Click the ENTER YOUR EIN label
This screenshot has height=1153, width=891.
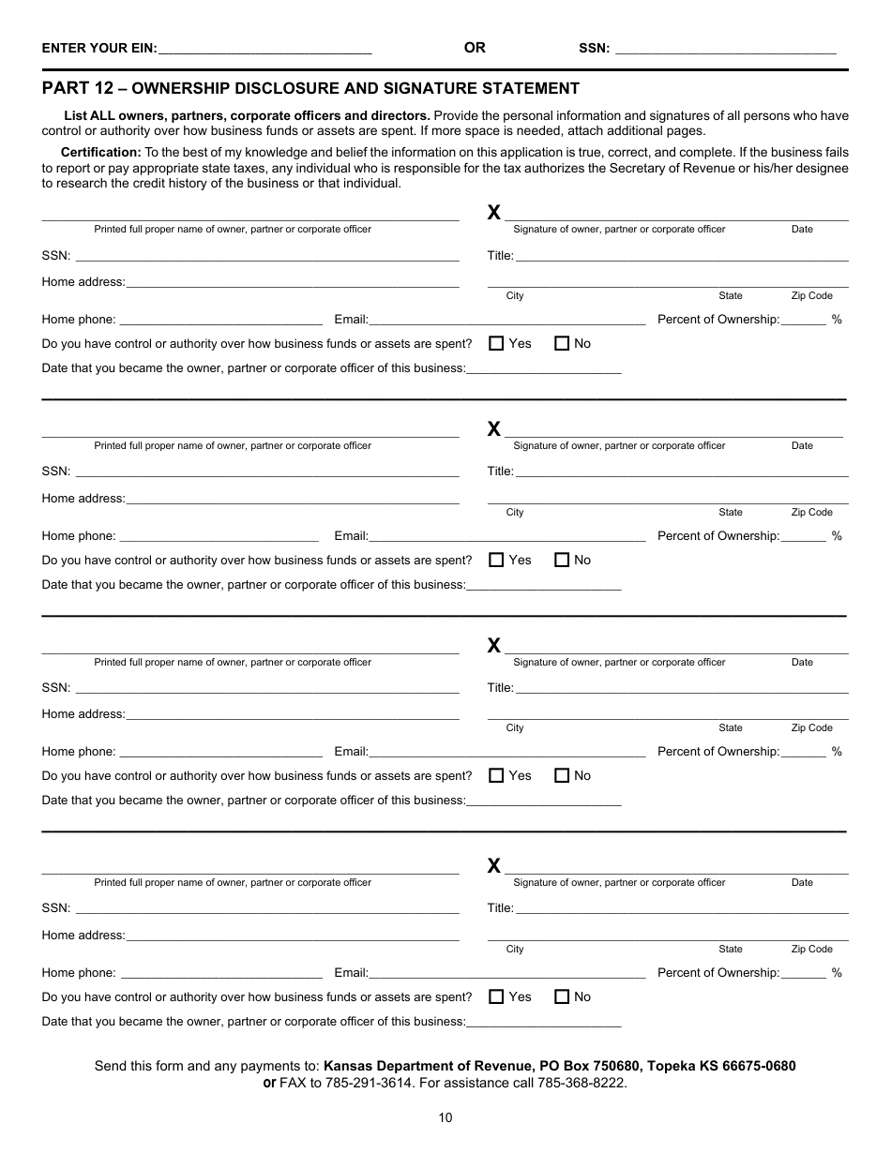coord(99,49)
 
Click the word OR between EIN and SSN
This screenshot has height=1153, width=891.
coord(475,48)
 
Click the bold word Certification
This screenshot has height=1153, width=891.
coord(100,152)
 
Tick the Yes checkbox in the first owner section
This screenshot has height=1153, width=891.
coord(497,343)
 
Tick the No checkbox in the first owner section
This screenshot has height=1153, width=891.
coord(562,343)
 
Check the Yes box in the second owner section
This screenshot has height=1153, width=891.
coord(497,560)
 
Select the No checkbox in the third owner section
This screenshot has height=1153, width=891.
coord(562,775)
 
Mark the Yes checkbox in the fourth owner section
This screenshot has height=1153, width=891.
coord(497,996)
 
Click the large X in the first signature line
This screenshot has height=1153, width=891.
coord(494,213)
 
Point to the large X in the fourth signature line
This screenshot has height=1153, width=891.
coord(494,866)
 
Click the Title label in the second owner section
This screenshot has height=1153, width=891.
coord(500,472)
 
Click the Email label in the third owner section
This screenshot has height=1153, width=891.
coord(351,752)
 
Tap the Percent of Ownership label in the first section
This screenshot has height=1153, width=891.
coord(717,320)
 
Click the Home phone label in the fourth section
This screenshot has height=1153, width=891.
coord(79,973)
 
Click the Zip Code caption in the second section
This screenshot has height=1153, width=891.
coord(811,513)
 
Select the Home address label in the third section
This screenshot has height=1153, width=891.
coord(83,714)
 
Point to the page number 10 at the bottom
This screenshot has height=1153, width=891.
coord(445,1116)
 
